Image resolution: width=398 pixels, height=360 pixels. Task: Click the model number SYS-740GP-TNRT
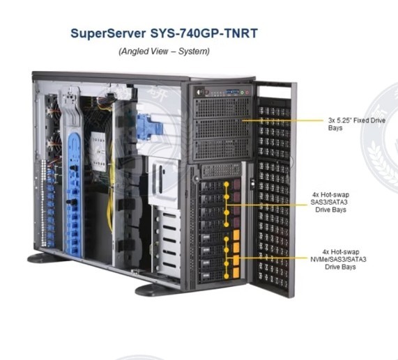coord(204,33)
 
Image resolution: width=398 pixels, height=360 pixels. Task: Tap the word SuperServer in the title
coord(108,33)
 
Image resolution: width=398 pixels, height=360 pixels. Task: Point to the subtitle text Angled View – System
coord(164,52)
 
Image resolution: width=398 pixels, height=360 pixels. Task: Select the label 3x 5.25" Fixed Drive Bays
coord(357,124)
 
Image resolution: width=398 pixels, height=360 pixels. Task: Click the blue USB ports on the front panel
coord(233,92)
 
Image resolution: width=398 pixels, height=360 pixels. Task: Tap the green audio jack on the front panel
coord(242,93)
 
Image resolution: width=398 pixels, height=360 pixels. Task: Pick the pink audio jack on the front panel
coord(247,93)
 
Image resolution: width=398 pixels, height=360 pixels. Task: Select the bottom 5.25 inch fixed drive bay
coord(222,148)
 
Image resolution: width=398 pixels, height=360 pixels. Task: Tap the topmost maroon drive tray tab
coord(237,185)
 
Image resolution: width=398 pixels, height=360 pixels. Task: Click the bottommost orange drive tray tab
coord(236,272)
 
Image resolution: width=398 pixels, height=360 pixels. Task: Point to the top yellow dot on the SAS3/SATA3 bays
coord(227,185)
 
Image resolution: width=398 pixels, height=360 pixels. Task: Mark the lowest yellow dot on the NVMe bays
coord(227,276)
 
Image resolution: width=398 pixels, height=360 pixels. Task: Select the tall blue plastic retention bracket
coord(74,194)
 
